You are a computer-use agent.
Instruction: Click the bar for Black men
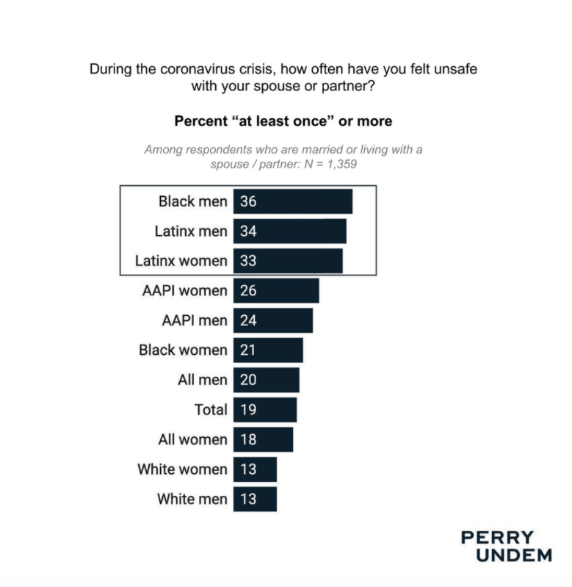(x=293, y=201)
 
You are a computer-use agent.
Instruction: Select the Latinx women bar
(x=288, y=261)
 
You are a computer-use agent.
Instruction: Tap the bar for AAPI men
(x=273, y=320)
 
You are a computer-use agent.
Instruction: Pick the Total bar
(x=265, y=410)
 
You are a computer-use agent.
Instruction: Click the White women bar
(x=255, y=469)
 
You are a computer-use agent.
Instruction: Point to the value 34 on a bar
(x=248, y=231)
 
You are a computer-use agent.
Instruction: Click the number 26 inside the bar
(x=248, y=291)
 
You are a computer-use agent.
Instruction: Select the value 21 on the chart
(x=248, y=350)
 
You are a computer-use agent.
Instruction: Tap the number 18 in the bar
(x=248, y=440)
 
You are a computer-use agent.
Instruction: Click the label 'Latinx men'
(x=191, y=231)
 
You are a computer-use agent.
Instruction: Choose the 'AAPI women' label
(x=184, y=291)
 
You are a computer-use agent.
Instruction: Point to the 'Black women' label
(x=183, y=350)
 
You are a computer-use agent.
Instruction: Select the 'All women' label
(x=192, y=440)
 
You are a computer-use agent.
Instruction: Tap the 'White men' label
(x=192, y=500)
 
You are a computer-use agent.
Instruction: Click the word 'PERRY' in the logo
(x=497, y=538)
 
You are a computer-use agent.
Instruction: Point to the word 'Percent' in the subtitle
(x=200, y=120)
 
